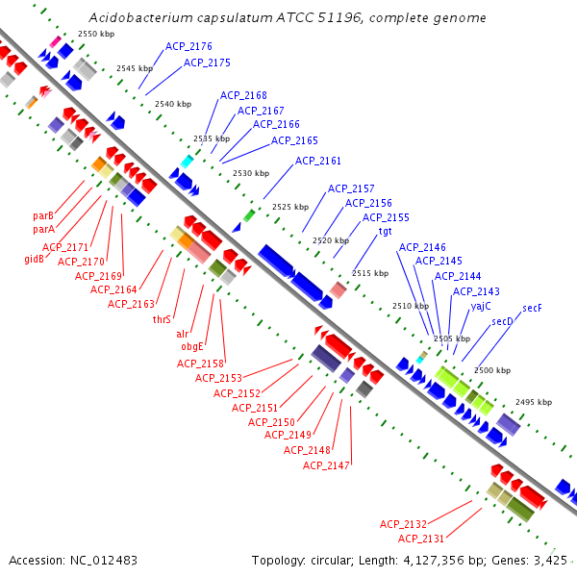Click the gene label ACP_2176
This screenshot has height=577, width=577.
coord(188,46)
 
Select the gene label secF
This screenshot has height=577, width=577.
coord(532,308)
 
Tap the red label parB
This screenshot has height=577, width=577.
coord(43,215)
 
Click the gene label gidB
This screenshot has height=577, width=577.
coord(35,259)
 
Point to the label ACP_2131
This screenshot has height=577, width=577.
coord(421,539)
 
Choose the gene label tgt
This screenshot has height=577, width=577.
coord(385,231)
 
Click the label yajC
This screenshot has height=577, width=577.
coord(481,306)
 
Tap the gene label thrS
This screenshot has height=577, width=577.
coord(162,319)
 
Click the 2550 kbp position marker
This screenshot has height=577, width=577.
coord(95,34)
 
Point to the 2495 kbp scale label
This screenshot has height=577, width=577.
coord(534,402)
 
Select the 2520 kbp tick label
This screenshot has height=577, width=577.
coord(329,239)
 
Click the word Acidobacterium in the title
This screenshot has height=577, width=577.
coord(135,18)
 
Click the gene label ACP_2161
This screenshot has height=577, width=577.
coord(318,161)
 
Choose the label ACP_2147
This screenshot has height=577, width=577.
coord(326,465)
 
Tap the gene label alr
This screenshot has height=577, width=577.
coord(182,333)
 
